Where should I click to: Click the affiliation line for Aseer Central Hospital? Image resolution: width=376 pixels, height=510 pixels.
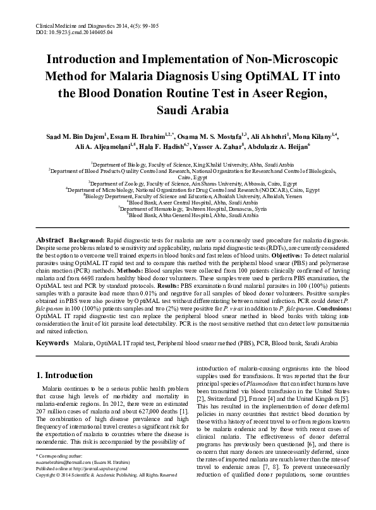(188, 201)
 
